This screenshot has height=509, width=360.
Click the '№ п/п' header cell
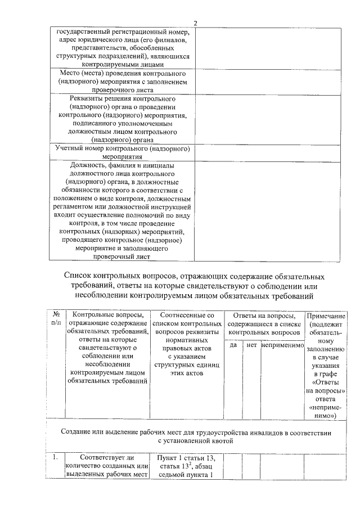(56, 319)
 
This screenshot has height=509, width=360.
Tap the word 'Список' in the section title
(80, 277)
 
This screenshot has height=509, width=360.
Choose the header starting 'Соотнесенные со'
(187, 316)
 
